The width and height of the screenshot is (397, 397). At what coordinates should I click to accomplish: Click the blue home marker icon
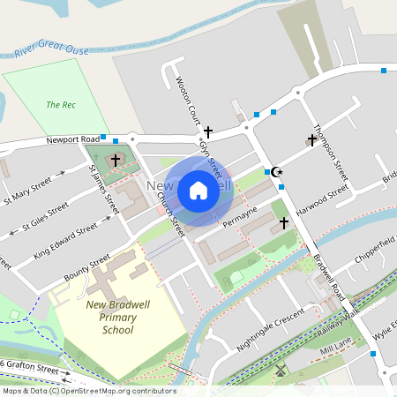click(198, 190)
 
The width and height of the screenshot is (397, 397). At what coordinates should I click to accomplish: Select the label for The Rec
click(61, 105)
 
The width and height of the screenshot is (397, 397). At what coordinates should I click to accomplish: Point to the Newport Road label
click(72, 140)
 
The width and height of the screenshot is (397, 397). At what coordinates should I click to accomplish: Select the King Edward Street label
click(65, 241)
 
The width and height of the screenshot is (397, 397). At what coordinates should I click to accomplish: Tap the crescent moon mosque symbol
click(276, 172)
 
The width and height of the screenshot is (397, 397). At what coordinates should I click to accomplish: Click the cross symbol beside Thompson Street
click(311, 139)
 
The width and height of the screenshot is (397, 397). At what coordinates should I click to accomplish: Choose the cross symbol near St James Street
click(116, 160)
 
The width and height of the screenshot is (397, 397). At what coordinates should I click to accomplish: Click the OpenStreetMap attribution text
click(88, 391)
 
